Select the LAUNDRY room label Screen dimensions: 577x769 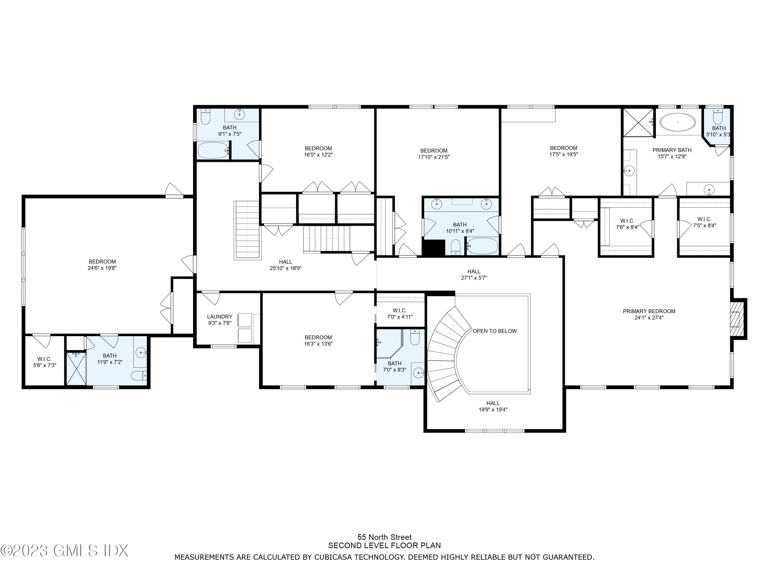[x=219, y=316]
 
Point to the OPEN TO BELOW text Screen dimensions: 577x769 [x=494, y=331]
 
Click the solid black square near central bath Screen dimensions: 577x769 [x=433, y=248]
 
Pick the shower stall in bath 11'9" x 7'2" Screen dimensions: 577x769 [x=76, y=369]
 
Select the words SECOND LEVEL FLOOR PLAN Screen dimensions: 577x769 [x=384, y=546]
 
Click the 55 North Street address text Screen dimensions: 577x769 [x=384, y=537]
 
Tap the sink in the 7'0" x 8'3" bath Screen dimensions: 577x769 [x=418, y=373]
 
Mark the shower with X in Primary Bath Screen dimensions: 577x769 [x=638, y=122]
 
